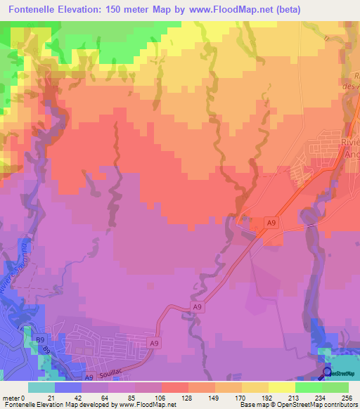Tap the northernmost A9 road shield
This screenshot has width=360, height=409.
coord(271,222)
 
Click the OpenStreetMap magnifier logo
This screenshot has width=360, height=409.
coord(327,372)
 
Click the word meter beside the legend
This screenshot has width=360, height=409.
coord(11,397)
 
